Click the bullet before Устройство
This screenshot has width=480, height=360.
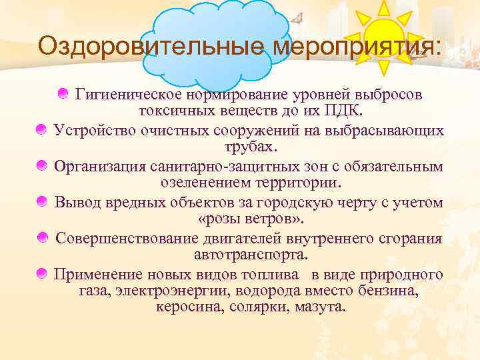(x=41, y=130)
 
